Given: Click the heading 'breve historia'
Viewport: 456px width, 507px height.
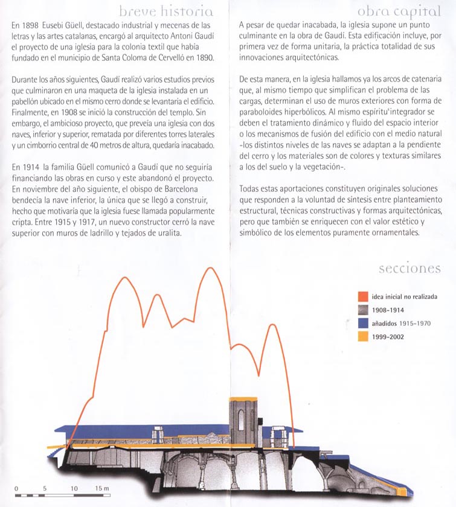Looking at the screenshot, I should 165,11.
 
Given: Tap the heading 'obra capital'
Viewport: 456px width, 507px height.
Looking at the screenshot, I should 399,11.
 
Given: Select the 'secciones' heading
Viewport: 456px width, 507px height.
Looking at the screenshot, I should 409,269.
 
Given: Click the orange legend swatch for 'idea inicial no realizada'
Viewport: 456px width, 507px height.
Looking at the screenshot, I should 363,296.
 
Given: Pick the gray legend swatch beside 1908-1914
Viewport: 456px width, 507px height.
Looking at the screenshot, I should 363,310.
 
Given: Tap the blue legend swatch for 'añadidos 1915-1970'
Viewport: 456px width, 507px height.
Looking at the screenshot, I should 363,323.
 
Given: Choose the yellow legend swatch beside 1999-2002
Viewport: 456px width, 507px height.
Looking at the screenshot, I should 363,336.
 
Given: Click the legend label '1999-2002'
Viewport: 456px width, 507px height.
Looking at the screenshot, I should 390,336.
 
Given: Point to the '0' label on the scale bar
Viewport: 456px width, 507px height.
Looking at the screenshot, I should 16,488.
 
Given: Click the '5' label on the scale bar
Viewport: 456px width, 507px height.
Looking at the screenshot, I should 45,488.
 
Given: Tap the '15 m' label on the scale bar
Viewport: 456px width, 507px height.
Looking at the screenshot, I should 101,488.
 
